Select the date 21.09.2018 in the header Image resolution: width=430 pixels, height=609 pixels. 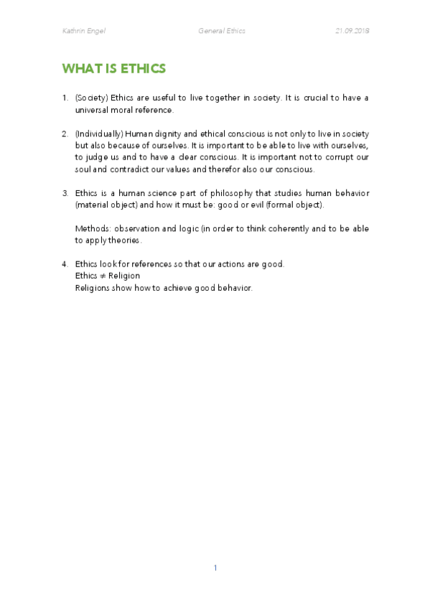coord(352,30)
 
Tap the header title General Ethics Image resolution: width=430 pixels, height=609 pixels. coord(221,30)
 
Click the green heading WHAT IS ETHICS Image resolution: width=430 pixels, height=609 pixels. coord(114,69)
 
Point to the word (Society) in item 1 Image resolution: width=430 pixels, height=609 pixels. coord(91,98)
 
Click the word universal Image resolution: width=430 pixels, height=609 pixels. coord(93,110)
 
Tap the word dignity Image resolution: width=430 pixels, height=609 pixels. coord(163,134)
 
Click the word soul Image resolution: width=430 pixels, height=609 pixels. coord(83,169)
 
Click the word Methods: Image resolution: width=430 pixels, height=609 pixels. coord(91,228)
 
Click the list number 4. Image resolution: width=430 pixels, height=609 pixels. coord(65,264)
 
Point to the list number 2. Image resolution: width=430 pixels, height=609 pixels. coord(65,134)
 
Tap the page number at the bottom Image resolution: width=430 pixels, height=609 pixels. coord(215,567)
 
